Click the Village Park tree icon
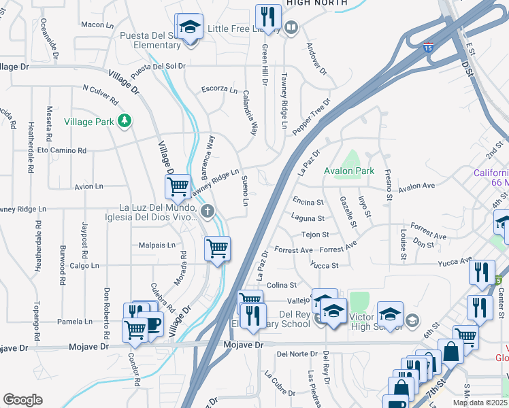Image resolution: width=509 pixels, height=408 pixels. [x=124, y=121]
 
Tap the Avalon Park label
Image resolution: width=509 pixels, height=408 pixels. [x=349, y=171]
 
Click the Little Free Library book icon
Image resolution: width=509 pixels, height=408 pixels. [x=291, y=28]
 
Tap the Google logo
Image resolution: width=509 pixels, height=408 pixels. [x=22, y=400]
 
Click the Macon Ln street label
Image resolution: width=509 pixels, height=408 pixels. [x=97, y=24]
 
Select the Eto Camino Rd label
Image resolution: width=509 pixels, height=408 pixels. [x=62, y=150]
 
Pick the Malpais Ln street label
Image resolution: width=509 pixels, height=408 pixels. [x=157, y=245]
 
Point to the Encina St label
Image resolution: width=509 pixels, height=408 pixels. [x=308, y=202]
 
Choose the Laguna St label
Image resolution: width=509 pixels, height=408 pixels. [x=308, y=219]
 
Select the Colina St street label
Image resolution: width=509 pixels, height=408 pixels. [x=282, y=286]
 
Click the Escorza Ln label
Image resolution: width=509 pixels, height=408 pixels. [x=219, y=89]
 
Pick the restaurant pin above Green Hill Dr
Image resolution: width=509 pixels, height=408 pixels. [x=268, y=18]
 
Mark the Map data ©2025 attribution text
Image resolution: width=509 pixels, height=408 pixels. [x=480, y=403]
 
